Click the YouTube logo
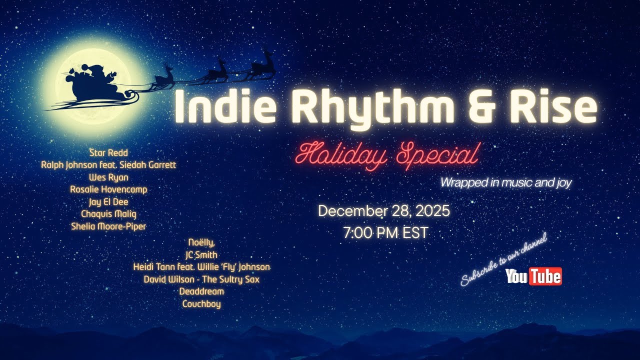(533, 276)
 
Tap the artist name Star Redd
(108, 152)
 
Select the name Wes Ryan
(108, 177)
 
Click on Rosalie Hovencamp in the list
(108, 189)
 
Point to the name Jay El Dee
(108, 202)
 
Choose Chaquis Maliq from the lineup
(108, 214)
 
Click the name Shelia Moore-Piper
(108, 226)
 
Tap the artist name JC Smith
(201, 254)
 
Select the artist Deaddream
(201, 291)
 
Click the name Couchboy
(201, 304)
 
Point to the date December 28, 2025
(383, 211)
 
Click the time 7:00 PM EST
(385, 233)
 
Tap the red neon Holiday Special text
(387, 155)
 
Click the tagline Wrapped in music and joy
(505, 183)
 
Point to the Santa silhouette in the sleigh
(92, 82)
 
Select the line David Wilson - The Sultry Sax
(201, 279)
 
